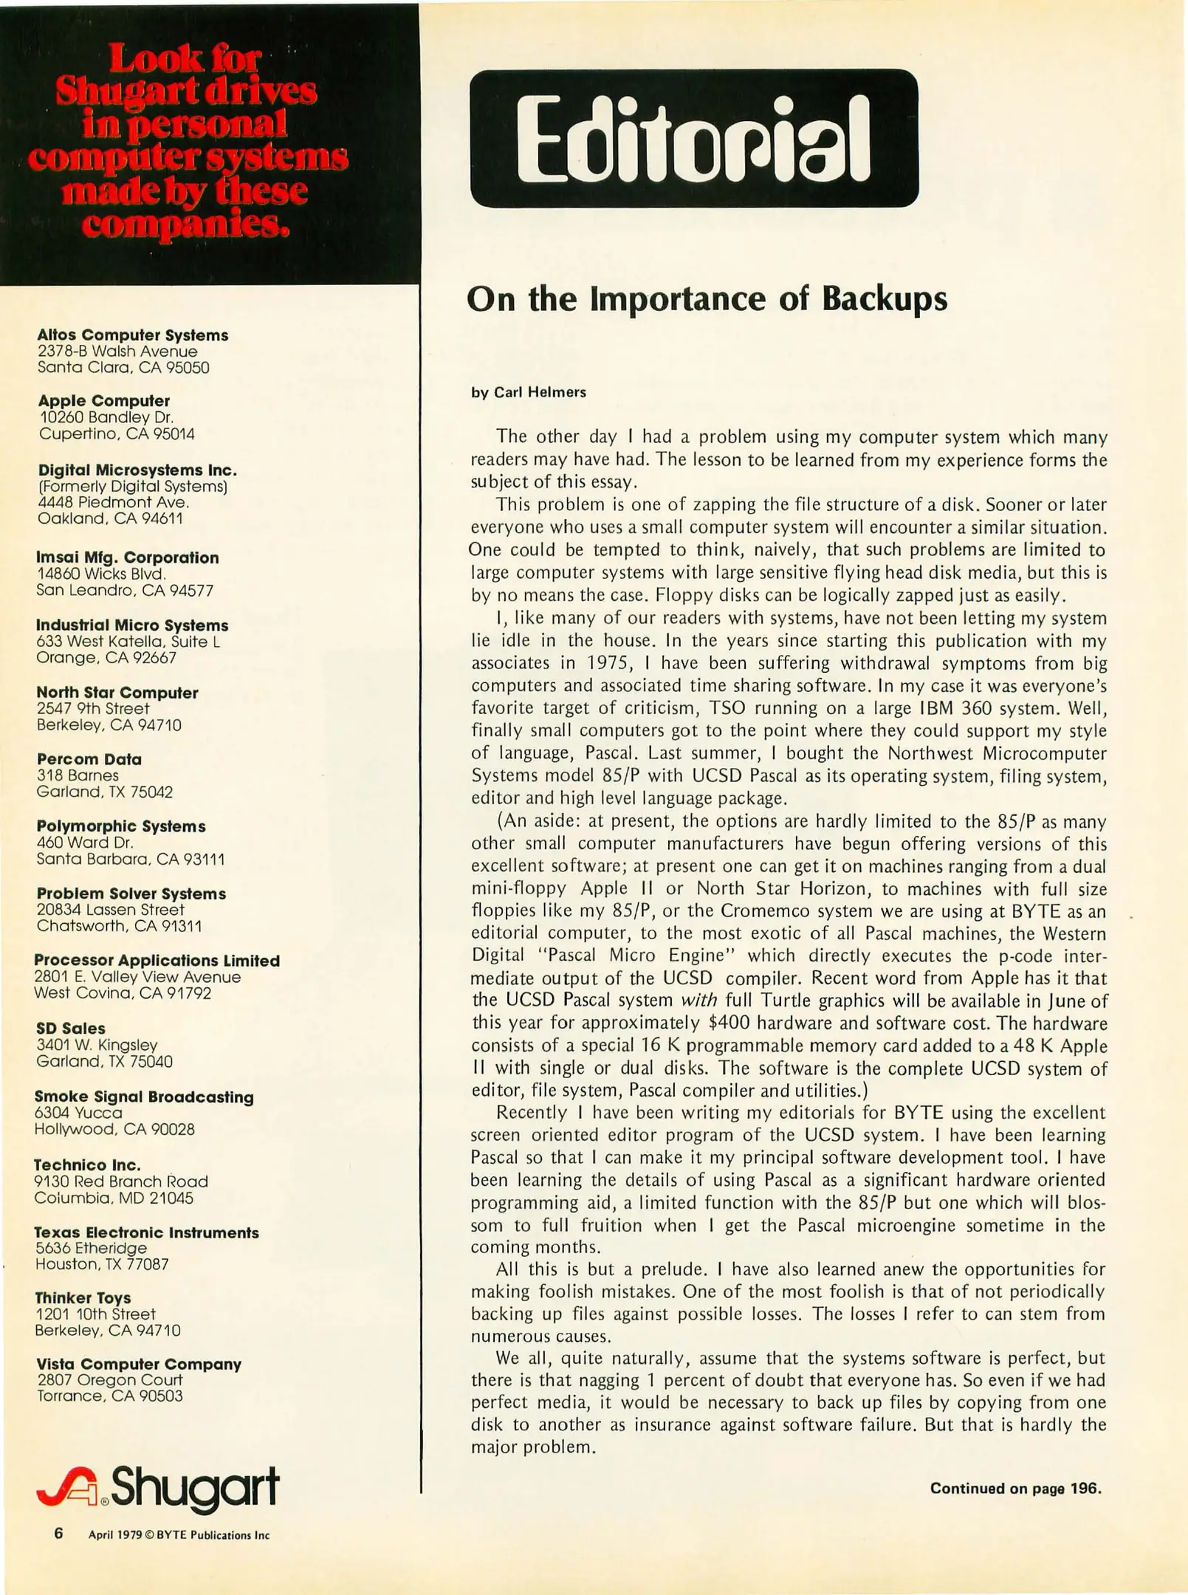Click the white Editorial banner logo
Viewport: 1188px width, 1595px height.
693,139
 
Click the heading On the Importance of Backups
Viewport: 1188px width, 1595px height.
707,299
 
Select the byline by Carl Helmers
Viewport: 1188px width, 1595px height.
529,392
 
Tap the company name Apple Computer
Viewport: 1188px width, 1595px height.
104,401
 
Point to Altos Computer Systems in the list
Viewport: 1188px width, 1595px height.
133,335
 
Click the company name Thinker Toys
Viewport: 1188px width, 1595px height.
83,1297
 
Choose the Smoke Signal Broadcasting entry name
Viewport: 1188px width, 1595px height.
144,1097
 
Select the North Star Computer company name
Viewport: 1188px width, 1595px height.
117,693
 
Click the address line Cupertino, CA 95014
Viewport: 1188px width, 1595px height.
117,434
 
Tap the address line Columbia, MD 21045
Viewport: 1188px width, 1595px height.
114,1198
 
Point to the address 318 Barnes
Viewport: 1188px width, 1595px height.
78,775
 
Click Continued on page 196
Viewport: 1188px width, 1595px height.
1015,1488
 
